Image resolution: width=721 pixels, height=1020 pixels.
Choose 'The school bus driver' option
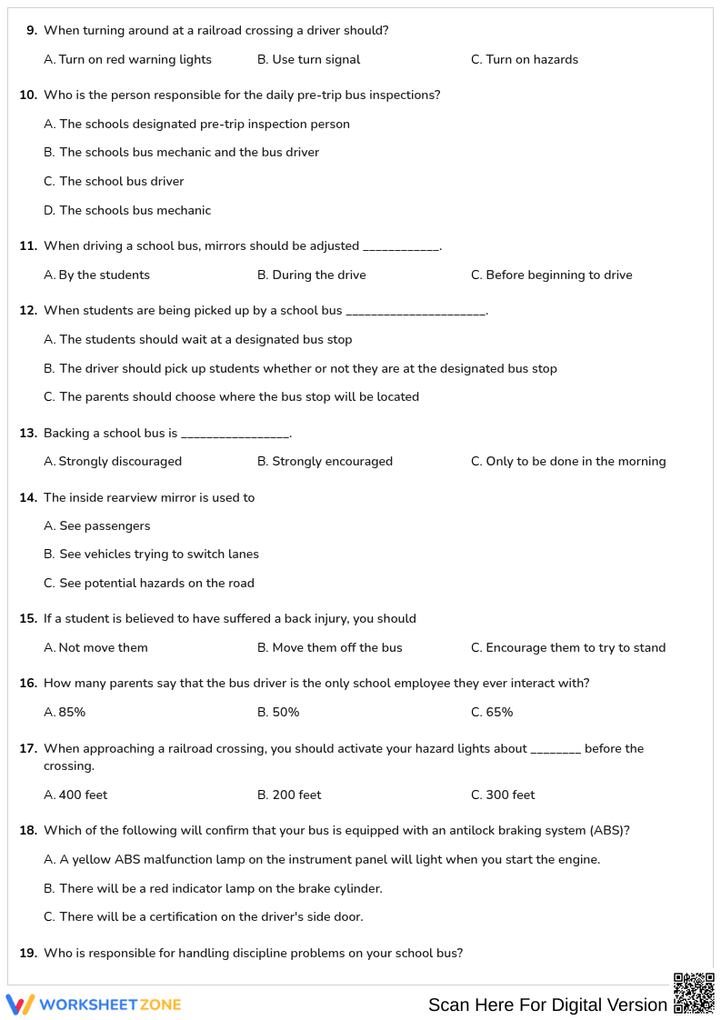click(x=121, y=182)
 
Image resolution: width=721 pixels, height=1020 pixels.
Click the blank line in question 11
click(x=401, y=248)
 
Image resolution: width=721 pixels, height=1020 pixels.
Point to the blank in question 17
click(x=555, y=751)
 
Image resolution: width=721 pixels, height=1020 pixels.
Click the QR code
click(x=694, y=993)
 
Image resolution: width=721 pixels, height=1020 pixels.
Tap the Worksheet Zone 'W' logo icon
click(x=20, y=1005)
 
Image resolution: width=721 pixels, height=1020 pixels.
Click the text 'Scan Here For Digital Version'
click(x=547, y=1005)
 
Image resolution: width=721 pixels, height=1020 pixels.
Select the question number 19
click(x=28, y=954)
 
